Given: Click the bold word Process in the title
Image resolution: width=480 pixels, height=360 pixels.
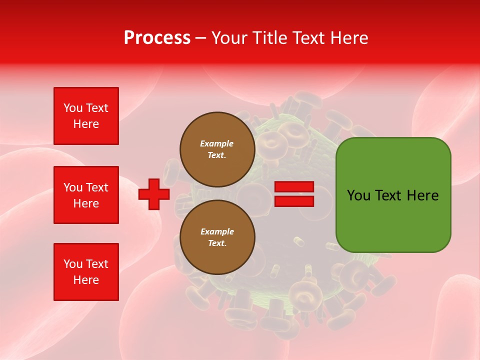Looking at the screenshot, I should click(x=157, y=38).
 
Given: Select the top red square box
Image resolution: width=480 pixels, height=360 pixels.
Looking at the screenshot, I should click(x=86, y=116).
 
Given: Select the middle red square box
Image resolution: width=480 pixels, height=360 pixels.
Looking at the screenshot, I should click(x=86, y=195).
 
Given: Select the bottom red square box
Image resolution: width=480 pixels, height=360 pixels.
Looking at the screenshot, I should click(x=86, y=272).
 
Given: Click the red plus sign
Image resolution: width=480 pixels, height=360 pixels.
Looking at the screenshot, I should click(x=154, y=194).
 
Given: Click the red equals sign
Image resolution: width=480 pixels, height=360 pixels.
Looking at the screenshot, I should click(x=294, y=194).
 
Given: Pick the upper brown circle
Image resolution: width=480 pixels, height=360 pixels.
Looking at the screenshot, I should click(x=217, y=149).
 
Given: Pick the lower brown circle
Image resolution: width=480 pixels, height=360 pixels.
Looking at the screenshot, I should click(x=217, y=237).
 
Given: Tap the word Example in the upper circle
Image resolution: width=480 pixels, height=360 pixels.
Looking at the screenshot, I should click(x=217, y=143).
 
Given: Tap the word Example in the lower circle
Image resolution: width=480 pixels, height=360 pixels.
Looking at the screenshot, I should click(x=217, y=231).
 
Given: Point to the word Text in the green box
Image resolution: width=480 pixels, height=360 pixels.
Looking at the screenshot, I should click(x=387, y=195).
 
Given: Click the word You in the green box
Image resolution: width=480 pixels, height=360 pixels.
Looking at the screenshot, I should click(x=358, y=195).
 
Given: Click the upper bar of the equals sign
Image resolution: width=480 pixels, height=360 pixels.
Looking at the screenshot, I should click(x=294, y=187).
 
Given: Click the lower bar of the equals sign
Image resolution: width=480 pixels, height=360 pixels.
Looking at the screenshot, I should click(x=294, y=201).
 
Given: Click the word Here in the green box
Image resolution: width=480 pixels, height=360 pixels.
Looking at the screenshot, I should click(x=422, y=195).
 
